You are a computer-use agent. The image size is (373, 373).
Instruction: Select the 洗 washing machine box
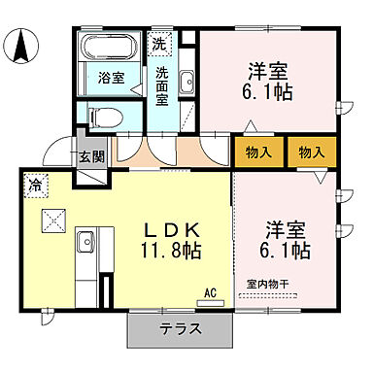tap(158, 44)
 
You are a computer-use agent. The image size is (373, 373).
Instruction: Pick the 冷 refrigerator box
tap(35, 184)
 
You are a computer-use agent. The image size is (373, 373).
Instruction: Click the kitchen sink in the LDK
tap(85, 239)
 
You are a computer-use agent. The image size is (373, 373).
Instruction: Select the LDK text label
tap(173, 229)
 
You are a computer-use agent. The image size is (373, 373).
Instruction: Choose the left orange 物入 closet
tap(257, 152)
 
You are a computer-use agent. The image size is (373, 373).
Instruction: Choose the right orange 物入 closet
tap(311, 152)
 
